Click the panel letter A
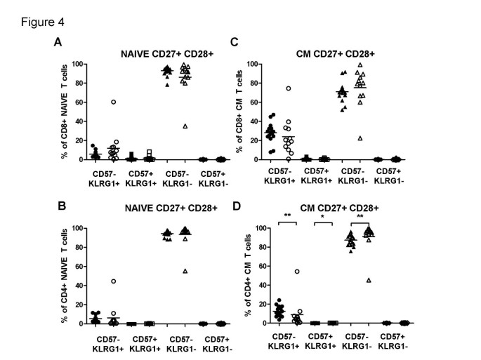(58, 43)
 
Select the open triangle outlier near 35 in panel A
(185, 126)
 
